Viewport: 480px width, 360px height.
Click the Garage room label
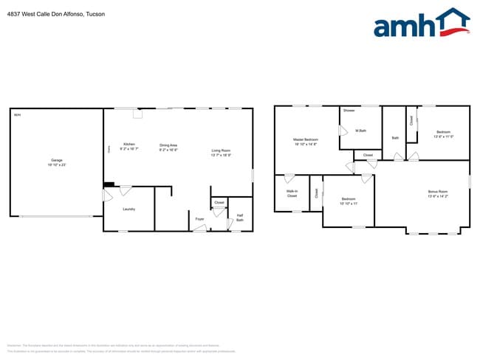pyautogui.click(x=56, y=160)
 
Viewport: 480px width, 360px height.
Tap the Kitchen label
pyautogui.click(x=129, y=144)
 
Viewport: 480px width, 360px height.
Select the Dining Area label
pyautogui.click(x=168, y=145)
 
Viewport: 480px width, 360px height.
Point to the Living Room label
pyautogui.click(x=221, y=150)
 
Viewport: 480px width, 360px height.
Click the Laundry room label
pyautogui.click(x=128, y=209)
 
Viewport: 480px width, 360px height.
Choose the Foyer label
pyautogui.click(x=199, y=219)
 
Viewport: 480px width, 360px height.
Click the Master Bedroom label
pyautogui.click(x=306, y=139)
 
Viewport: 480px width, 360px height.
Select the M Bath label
pyautogui.click(x=361, y=131)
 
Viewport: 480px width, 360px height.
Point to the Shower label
pyautogui.click(x=349, y=111)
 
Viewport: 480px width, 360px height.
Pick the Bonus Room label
pyautogui.click(x=438, y=192)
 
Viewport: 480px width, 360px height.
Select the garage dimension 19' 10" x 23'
pyautogui.click(x=56, y=165)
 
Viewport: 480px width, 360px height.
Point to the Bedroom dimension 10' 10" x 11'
pyautogui.click(x=349, y=203)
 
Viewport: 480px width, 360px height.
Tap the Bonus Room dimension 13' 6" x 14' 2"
pyautogui.click(x=438, y=196)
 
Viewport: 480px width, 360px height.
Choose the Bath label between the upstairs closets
pyautogui.click(x=395, y=138)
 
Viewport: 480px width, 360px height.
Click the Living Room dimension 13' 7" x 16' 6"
pyautogui.click(x=221, y=155)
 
